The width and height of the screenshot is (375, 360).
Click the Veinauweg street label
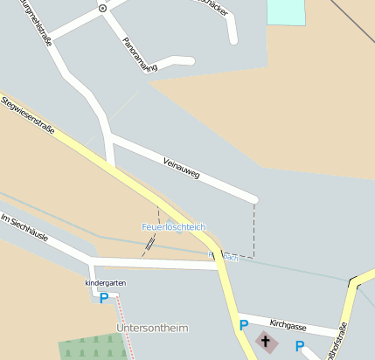click(182, 168)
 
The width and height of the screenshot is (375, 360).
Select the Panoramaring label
click(140, 55)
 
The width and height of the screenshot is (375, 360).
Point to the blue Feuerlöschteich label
click(174, 226)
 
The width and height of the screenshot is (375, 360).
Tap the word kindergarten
click(103, 283)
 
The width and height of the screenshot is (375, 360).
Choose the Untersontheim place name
click(151, 328)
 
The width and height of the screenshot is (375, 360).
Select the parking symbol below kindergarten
click(103, 298)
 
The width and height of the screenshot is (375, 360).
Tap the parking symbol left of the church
click(244, 325)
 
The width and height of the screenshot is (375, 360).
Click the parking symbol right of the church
click(299, 346)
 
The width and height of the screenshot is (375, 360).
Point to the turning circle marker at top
click(102, 8)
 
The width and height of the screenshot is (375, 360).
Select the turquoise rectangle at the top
click(286, 11)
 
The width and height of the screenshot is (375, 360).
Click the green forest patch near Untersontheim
click(92, 347)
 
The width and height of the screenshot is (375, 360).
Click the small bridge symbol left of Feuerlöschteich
click(150, 245)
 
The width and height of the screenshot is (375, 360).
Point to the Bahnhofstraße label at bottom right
click(337, 342)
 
